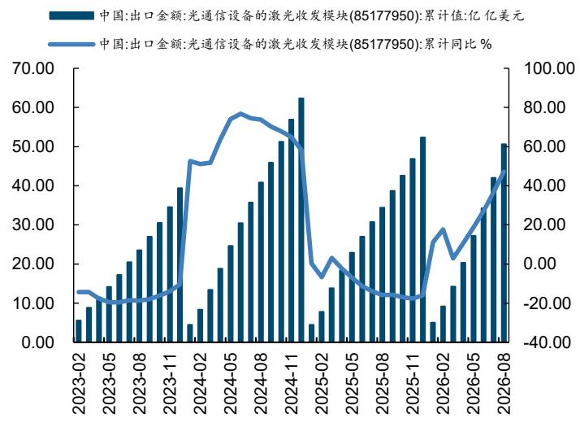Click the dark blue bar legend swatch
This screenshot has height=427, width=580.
coord(71,15)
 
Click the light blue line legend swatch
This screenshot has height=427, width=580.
coord(71,44)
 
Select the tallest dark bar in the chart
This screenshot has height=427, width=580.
coord(301,220)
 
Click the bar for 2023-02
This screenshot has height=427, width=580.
coord(79,331)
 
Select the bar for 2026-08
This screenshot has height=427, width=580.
coord(504,242)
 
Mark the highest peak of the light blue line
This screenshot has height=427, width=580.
coord(240,113)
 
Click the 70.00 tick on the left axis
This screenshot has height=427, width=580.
coord(33,68)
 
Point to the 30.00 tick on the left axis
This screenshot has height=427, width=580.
coord(33,224)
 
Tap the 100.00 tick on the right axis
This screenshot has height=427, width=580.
coord(549,68)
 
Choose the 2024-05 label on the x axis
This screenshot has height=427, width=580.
coord(231,383)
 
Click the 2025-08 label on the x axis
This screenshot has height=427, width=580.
coord(382,383)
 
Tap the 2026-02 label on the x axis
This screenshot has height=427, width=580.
coord(443,383)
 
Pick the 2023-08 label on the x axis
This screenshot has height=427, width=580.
coord(140,383)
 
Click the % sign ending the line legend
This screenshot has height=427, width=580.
coord(486,45)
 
